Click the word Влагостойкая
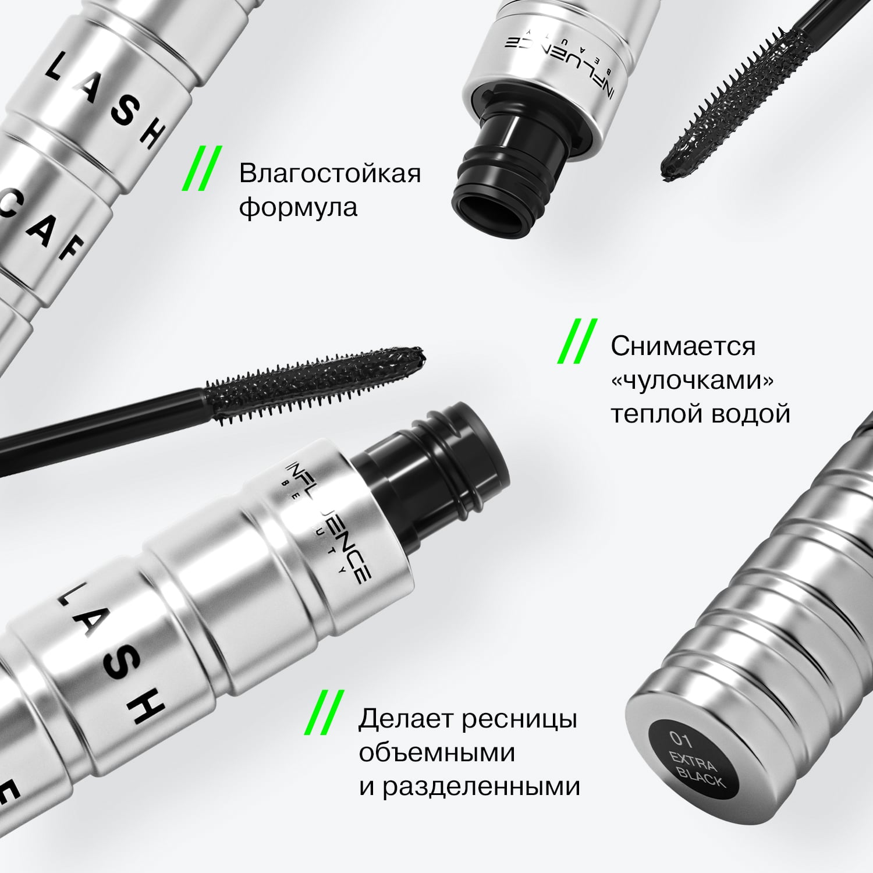(329, 174)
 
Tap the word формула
(298, 208)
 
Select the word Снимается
(683, 346)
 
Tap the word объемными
(436, 753)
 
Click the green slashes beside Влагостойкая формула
(200, 169)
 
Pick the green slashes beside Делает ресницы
(324, 713)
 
